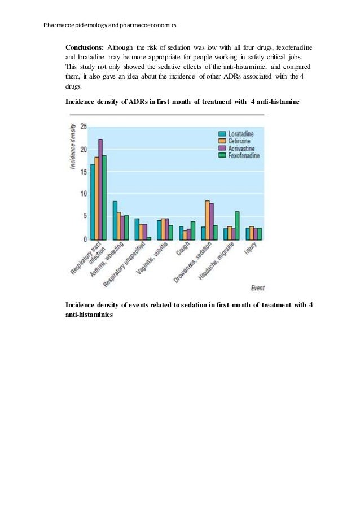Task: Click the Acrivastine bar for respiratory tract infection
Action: [x=100, y=189]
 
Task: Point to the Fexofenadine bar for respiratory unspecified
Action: [x=149, y=238]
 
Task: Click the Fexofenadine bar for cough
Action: [x=193, y=230]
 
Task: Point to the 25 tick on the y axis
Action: [x=83, y=126]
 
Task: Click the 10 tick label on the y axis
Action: [x=83, y=194]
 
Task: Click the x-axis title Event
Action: [x=258, y=288]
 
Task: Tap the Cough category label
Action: [x=182, y=250]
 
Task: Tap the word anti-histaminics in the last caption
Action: [x=90, y=315]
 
